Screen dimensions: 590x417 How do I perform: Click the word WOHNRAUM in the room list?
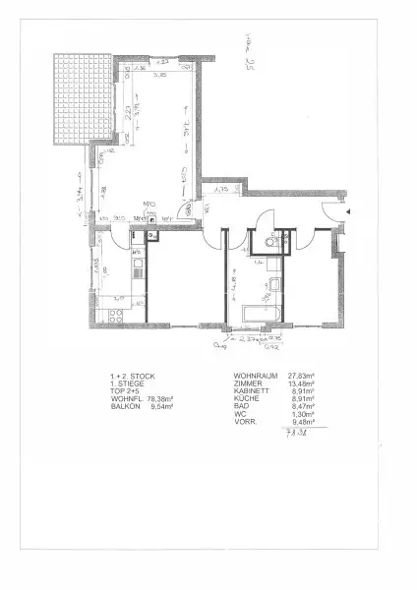(x=252, y=377)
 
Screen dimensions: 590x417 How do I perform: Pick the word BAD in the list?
(x=241, y=408)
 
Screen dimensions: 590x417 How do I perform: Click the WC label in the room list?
(x=239, y=416)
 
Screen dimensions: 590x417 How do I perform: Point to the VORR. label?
(x=245, y=424)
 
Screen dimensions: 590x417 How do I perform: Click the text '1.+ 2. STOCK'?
(x=131, y=377)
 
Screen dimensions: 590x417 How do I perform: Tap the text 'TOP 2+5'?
(x=125, y=392)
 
